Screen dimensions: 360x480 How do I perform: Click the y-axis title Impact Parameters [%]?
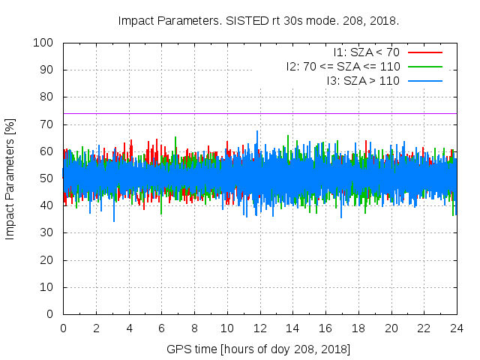[x=10, y=178]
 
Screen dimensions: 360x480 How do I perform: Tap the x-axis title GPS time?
[x=259, y=349]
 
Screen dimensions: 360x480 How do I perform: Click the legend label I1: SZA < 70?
[x=366, y=52]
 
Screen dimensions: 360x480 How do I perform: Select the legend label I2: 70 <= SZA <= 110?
[x=343, y=66]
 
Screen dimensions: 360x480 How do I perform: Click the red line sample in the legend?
[x=424, y=52]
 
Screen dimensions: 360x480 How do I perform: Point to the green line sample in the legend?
[x=424, y=66]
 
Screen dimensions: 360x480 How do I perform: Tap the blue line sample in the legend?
[x=424, y=79]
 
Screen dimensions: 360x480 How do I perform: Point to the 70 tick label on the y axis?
[x=47, y=124]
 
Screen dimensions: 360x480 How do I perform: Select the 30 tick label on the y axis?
[x=47, y=233]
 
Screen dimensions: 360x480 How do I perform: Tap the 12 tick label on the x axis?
[x=259, y=328]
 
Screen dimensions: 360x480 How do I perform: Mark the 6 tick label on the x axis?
[x=161, y=328]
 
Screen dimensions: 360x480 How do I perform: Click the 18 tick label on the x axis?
[x=358, y=328]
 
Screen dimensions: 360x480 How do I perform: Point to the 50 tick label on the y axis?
[x=47, y=178]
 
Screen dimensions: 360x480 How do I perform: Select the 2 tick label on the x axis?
[x=96, y=328]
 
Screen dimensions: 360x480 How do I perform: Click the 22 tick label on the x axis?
[x=424, y=328]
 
